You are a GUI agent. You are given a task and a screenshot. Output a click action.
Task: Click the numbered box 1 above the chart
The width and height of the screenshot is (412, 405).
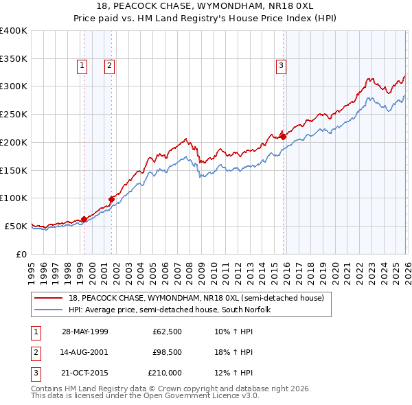(x=82, y=66)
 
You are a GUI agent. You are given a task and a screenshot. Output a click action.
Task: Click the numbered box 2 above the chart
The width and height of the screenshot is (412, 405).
(x=109, y=66)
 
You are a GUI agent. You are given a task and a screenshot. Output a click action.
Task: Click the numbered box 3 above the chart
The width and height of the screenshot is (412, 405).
(x=281, y=66)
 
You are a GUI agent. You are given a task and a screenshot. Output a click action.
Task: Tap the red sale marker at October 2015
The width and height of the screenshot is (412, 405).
(x=284, y=137)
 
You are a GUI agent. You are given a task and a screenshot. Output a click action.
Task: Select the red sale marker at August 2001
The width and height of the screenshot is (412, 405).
(x=111, y=199)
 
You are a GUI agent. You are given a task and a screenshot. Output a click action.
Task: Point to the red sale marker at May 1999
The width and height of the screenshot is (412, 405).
(x=84, y=219)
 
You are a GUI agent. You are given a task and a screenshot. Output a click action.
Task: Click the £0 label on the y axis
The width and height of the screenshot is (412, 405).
(x=21, y=254)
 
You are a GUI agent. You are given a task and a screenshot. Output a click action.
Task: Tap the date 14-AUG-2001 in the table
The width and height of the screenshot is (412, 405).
(x=85, y=352)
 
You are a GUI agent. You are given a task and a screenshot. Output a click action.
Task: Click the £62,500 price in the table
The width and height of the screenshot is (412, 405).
(x=167, y=332)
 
